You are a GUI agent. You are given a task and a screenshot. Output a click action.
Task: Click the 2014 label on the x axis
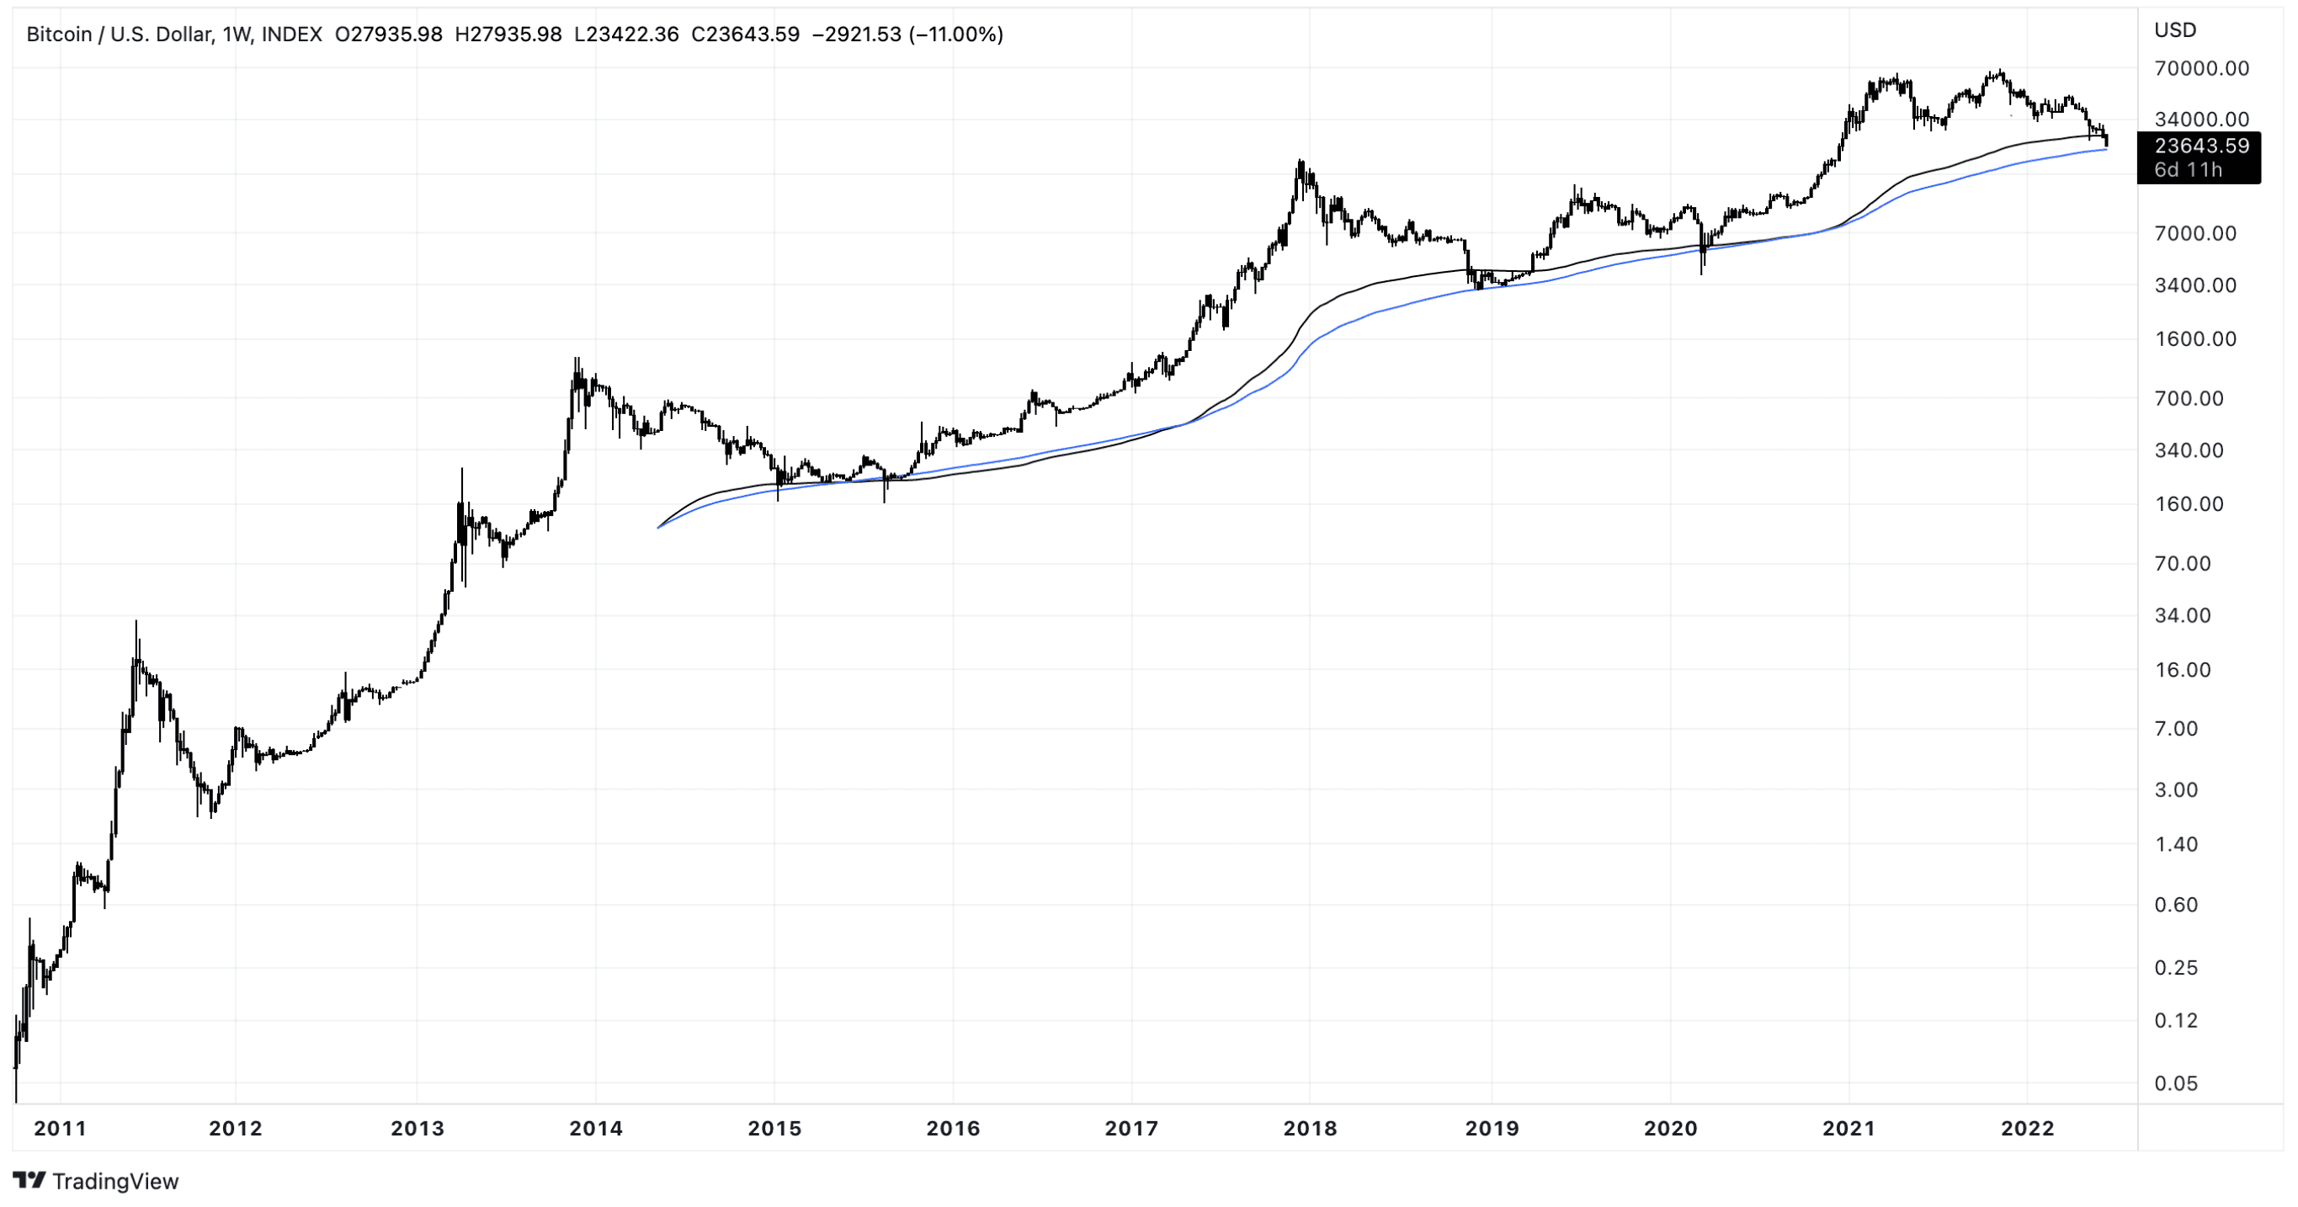coord(595,1129)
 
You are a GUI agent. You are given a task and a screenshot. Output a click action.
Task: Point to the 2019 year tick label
coord(1492,1129)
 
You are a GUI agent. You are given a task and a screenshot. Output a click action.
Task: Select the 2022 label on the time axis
coord(2028,1129)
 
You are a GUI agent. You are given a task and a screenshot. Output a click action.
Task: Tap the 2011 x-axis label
coord(60,1129)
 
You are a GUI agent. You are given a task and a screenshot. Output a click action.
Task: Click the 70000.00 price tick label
coord(2200,69)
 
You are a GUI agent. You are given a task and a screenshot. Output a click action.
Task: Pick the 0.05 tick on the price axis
coord(2176,1084)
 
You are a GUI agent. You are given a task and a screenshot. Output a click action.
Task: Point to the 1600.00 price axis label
coord(2194,339)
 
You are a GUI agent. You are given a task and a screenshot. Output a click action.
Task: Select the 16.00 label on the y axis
coord(2182,670)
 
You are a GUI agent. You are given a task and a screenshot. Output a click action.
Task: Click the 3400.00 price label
coord(2194,285)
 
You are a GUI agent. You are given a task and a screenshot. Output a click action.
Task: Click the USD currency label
coord(2175,30)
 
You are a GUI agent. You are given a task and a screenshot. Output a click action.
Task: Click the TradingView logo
coord(95,1181)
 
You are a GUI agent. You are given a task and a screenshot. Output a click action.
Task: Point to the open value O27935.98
coord(388,35)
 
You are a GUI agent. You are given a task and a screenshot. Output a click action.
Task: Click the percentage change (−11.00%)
coord(955,35)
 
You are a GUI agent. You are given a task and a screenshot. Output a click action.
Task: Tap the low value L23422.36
coord(626,35)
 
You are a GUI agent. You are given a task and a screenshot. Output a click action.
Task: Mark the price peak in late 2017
coord(1301,161)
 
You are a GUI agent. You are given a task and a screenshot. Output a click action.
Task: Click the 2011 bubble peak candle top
coord(136,621)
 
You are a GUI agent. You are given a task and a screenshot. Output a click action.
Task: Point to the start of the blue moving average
coord(658,528)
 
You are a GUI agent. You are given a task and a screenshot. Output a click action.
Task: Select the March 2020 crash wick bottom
coord(1702,274)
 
